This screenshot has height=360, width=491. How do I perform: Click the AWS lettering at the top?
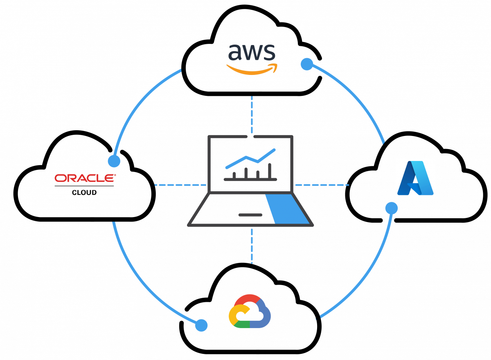pyautogui.click(x=252, y=52)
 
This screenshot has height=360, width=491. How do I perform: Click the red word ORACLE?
pyautogui.click(x=85, y=178)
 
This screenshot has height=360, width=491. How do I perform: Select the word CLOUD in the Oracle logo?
pyautogui.click(x=84, y=192)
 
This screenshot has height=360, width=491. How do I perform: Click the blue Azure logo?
pyautogui.click(x=415, y=178)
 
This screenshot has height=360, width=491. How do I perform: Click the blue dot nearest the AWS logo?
pyautogui.click(x=307, y=64)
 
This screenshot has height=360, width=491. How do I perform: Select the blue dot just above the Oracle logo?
pyautogui.click(x=114, y=161)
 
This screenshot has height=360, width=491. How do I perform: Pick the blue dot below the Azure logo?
pyautogui.click(x=391, y=208)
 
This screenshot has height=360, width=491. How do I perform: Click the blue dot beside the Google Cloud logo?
pyautogui.click(x=201, y=325)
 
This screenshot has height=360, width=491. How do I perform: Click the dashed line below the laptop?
pyautogui.click(x=252, y=246)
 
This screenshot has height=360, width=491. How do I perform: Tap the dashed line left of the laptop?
pyautogui.click(x=180, y=185)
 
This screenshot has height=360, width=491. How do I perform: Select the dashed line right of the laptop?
pyautogui.click(x=322, y=185)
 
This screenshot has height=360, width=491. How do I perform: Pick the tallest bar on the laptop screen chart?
pyautogui.click(x=270, y=170)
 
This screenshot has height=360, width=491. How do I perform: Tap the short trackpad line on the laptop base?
pyautogui.click(x=250, y=215)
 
